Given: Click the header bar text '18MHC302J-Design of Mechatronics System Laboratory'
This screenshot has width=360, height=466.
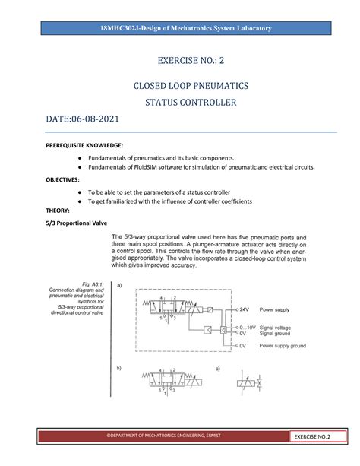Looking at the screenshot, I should pyautogui.click(x=180, y=28).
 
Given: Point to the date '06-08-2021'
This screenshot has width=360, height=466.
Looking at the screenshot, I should pyautogui.click(x=94, y=120).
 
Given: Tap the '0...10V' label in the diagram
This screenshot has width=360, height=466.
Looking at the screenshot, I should pyautogui.click(x=248, y=328).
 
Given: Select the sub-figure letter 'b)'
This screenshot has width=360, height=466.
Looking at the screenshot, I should pyautogui.click(x=118, y=368).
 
